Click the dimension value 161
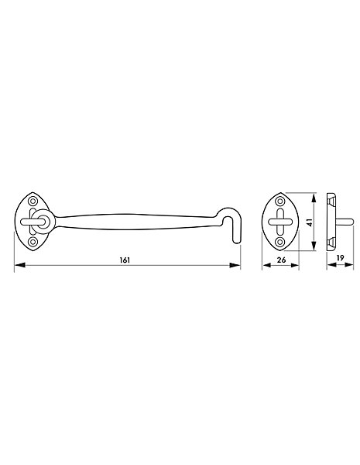pyautogui.click(x=125, y=260)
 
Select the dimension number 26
pyautogui.click(x=281, y=260)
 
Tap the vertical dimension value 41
pyautogui.click(x=310, y=222)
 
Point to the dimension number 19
pyautogui.click(x=340, y=258)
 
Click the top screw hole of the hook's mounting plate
pyautogui.click(x=33, y=201)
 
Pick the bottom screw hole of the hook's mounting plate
pyautogui.click(x=33, y=241)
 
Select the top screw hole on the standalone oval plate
pyautogui.click(x=280, y=201)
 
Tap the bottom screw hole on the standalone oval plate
pyautogui.click(x=280, y=242)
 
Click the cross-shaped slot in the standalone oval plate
pyautogui.click(x=280, y=222)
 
